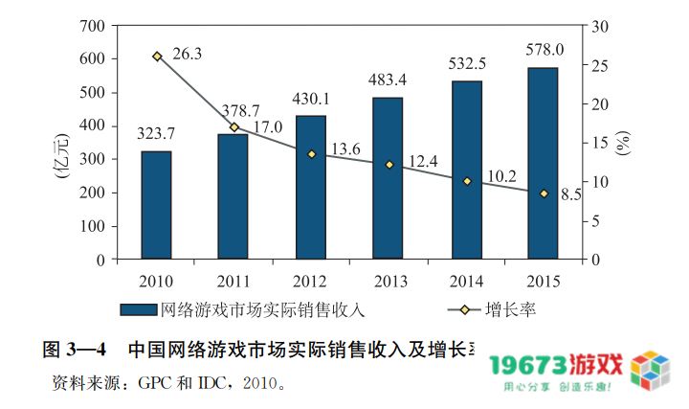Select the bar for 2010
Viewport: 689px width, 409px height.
156,205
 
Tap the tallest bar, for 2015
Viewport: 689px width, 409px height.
543,163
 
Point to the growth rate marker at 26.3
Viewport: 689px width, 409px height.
157,57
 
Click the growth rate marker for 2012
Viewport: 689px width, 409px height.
311,154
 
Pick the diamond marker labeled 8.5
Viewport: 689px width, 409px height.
544,193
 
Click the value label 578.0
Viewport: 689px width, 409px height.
545,49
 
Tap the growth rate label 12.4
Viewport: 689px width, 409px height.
421,162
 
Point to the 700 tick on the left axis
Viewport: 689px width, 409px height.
91,25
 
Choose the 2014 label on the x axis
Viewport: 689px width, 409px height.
465,282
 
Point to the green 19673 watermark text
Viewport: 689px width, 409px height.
529,365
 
